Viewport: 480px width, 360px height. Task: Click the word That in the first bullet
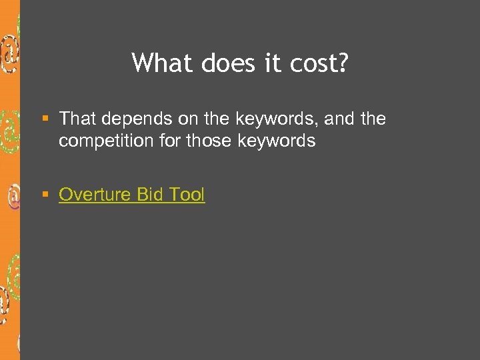pyautogui.click(x=77, y=119)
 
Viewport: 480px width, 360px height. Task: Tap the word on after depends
pyautogui.click(x=186, y=119)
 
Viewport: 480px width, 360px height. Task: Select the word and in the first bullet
pyautogui.click(x=339, y=119)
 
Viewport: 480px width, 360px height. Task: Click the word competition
pyautogui.click(x=104, y=141)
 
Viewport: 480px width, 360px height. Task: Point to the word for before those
pyautogui.click(x=168, y=141)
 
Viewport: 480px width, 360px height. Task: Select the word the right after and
pyautogui.click(x=373, y=119)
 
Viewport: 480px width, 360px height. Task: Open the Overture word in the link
pyautogui.click(x=95, y=195)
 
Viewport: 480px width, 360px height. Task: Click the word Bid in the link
pyautogui.click(x=150, y=195)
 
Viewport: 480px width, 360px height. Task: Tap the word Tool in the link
pyautogui.click(x=187, y=195)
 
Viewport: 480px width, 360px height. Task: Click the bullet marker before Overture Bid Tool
pyautogui.click(x=45, y=195)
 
